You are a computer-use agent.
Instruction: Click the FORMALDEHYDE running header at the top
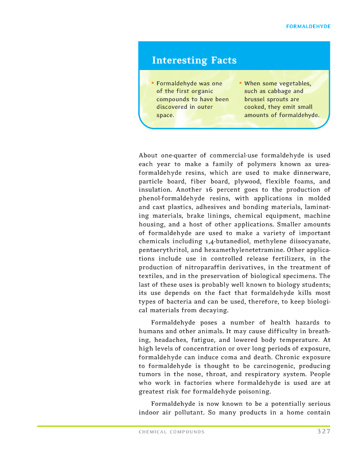click(x=308, y=26)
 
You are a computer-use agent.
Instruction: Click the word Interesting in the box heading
click(x=173, y=60)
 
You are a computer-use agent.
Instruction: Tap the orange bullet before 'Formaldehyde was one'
click(x=153, y=83)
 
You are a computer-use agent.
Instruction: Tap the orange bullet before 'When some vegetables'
click(x=241, y=83)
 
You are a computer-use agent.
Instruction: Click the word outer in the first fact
click(x=203, y=107)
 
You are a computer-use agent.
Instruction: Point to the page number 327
click(x=323, y=431)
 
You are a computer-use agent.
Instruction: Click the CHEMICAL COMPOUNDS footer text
click(x=172, y=432)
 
